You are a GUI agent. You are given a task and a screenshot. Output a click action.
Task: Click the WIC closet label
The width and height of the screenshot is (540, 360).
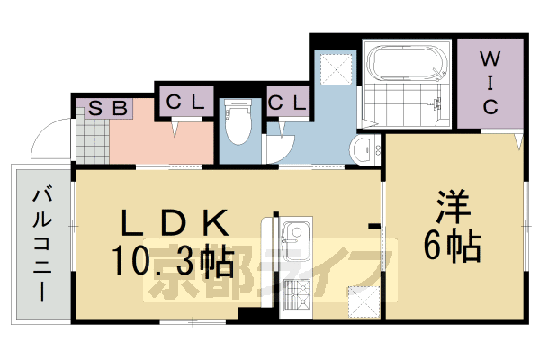[x=489, y=83]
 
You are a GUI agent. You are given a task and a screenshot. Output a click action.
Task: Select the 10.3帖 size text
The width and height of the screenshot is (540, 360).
[x=173, y=262]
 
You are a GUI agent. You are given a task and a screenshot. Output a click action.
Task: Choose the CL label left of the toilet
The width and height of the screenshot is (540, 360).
[x=185, y=102]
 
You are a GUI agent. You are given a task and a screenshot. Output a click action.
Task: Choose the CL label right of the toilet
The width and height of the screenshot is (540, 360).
[x=288, y=102]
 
